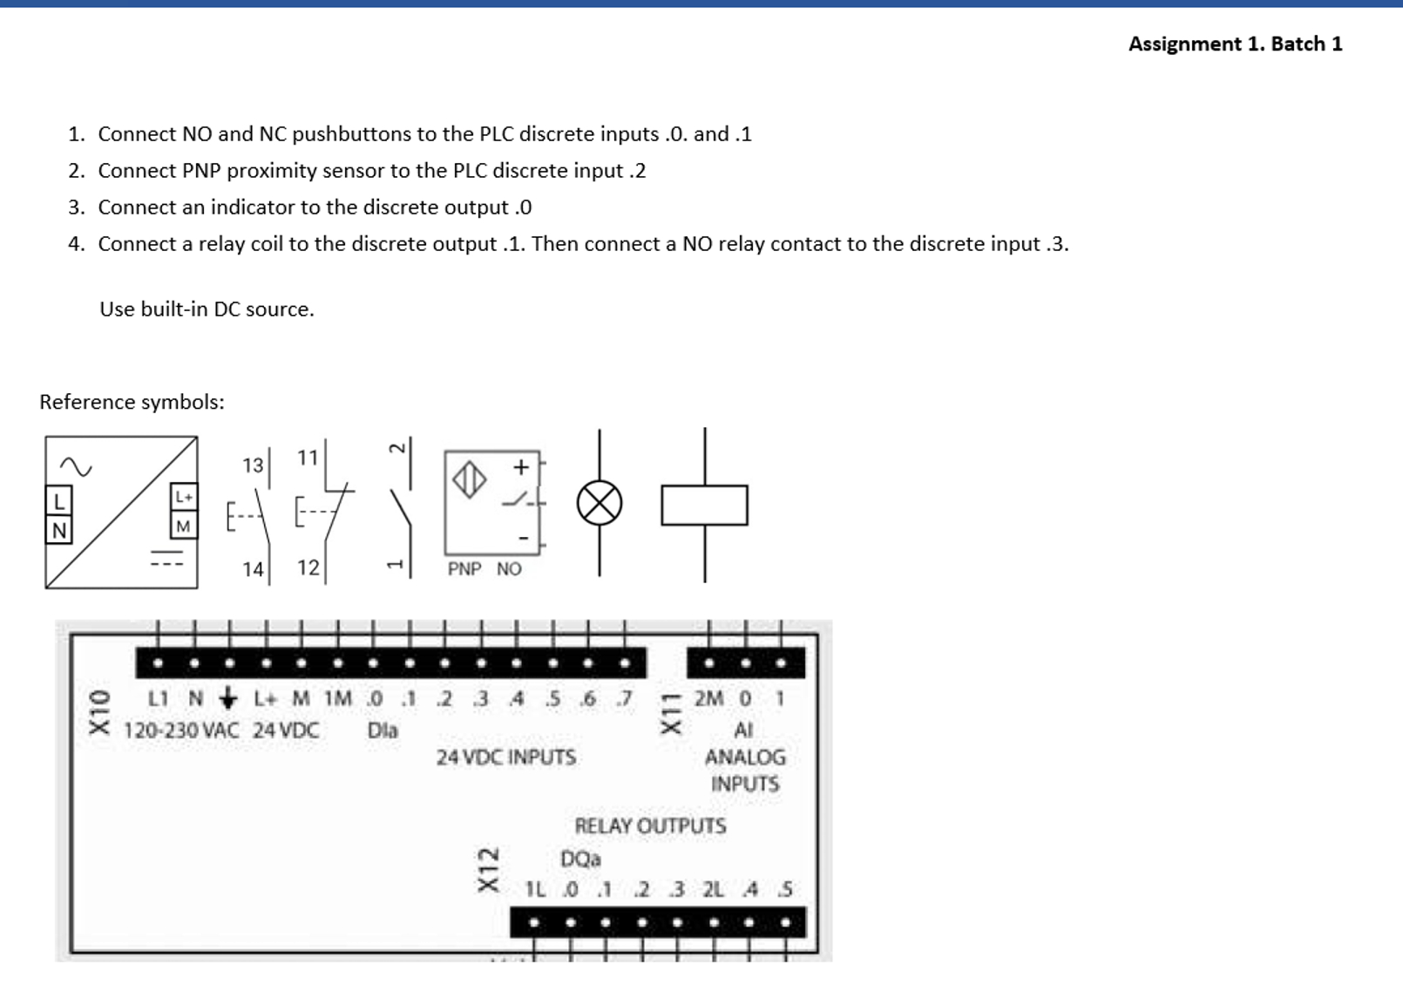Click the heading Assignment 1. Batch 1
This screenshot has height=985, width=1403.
(1235, 44)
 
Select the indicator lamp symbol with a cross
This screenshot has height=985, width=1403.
(600, 503)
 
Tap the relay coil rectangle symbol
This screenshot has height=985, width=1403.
(704, 506)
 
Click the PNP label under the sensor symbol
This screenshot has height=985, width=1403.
(464, 569)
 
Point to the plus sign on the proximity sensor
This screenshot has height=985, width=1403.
(521, 467)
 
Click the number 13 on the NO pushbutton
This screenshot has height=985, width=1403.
(253, 465)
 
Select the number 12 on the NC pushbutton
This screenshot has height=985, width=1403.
(308, 567)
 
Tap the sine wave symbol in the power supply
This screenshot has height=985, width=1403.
(76, 467)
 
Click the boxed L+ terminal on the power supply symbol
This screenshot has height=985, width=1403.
(184, 497)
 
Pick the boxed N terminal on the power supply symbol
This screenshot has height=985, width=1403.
(58, 530)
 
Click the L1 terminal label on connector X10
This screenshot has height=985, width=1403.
(158, 698)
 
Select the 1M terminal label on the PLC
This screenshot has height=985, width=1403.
(338, 698)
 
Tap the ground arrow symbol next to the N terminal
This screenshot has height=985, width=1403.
(228, 697)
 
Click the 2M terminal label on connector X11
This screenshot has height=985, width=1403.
(708, 698)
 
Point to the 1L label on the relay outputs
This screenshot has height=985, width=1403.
(535, 889)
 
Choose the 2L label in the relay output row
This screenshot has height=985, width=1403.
(713, 889)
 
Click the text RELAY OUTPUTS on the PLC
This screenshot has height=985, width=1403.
(650, 825)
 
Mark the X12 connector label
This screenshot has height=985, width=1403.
(488, 869)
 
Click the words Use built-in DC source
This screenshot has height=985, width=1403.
(207, 309)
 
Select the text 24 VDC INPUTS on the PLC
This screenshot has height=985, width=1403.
(506, 757)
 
